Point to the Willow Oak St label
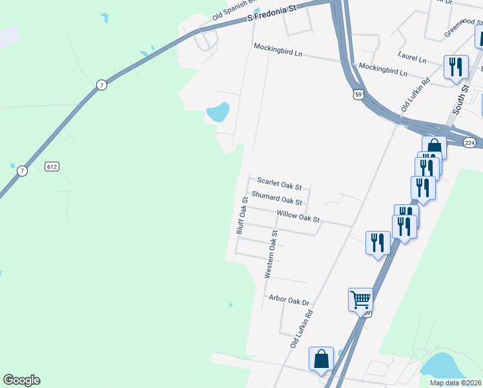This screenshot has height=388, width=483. pos(298,216)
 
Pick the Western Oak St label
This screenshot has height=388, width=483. pos(272,253)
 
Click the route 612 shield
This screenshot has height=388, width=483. pos(52,167)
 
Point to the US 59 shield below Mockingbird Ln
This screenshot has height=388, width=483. pos(359,94)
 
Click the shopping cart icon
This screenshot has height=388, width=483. pos(360,299)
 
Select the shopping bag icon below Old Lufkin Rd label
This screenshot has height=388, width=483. pos(321,360)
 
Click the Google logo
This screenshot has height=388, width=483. pos(21,380)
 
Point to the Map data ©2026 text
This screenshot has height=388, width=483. pos(455,383)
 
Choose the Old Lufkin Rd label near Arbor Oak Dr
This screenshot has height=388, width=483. pos(302,330)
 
